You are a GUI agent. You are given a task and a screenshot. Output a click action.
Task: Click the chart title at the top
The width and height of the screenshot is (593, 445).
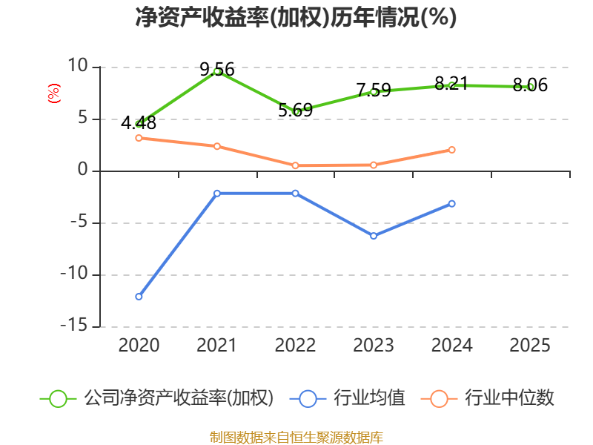pyautogui.click(x=296, y=17)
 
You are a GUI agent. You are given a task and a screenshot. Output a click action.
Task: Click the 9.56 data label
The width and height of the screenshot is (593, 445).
pyautogui.click(x=217, y=69)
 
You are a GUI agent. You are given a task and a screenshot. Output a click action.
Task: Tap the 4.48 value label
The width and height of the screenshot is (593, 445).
pyautogui.click(x=139, y=123)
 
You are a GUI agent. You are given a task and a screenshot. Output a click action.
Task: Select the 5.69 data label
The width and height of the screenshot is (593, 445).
pyautogui.click(x=295, y=110)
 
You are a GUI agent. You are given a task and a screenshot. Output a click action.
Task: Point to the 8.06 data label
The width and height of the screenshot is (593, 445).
pyautogui.click(x=530, y=85)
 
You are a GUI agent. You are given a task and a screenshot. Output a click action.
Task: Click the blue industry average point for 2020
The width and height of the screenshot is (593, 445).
pyautogui.click(x=139, y=297)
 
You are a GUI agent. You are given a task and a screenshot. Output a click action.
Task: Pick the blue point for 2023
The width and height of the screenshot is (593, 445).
pyautogui.click(x=374, y=236)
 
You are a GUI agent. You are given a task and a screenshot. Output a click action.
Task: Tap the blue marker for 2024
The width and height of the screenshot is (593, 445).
pyautogui.click(x=451, y=203)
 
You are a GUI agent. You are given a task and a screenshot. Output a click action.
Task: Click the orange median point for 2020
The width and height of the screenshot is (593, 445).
pyautogui.click(x=139, y=138)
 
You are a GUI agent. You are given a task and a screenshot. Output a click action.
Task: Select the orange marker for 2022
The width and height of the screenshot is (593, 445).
pyautogui.click(x=295, y=165)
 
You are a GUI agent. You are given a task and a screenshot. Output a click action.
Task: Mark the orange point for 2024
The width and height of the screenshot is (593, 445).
pyautogui.click(x=451, y=150)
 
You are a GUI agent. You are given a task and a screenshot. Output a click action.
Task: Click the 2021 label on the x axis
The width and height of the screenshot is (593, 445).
pyautogui.click(x=216, y=346)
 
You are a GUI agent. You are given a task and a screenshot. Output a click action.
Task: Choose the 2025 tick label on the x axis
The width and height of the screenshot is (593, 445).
pyautogui.click(x=530, y=346)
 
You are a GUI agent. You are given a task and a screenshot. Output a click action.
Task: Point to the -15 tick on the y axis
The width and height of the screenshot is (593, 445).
pyautogui.click(x=74, y=326)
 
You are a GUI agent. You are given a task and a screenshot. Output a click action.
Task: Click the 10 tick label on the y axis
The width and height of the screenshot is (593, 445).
pyautogui.click(x=78, y=66)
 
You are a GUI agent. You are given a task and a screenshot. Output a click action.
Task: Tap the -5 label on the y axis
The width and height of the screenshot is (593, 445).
pyautogui.click(x=79, y=222)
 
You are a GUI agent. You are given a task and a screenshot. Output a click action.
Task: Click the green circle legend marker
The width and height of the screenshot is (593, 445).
pyautogui.click(x=59, y=399)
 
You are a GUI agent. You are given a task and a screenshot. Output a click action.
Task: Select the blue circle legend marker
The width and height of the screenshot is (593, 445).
pyautogui.click(x=308, y=399)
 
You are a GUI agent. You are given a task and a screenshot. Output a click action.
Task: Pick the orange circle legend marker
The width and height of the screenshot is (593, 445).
pyautogui.click(x=439, y=399)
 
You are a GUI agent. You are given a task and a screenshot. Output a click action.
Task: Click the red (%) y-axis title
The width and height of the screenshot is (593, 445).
pyautogui.click(x=53, y=93)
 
